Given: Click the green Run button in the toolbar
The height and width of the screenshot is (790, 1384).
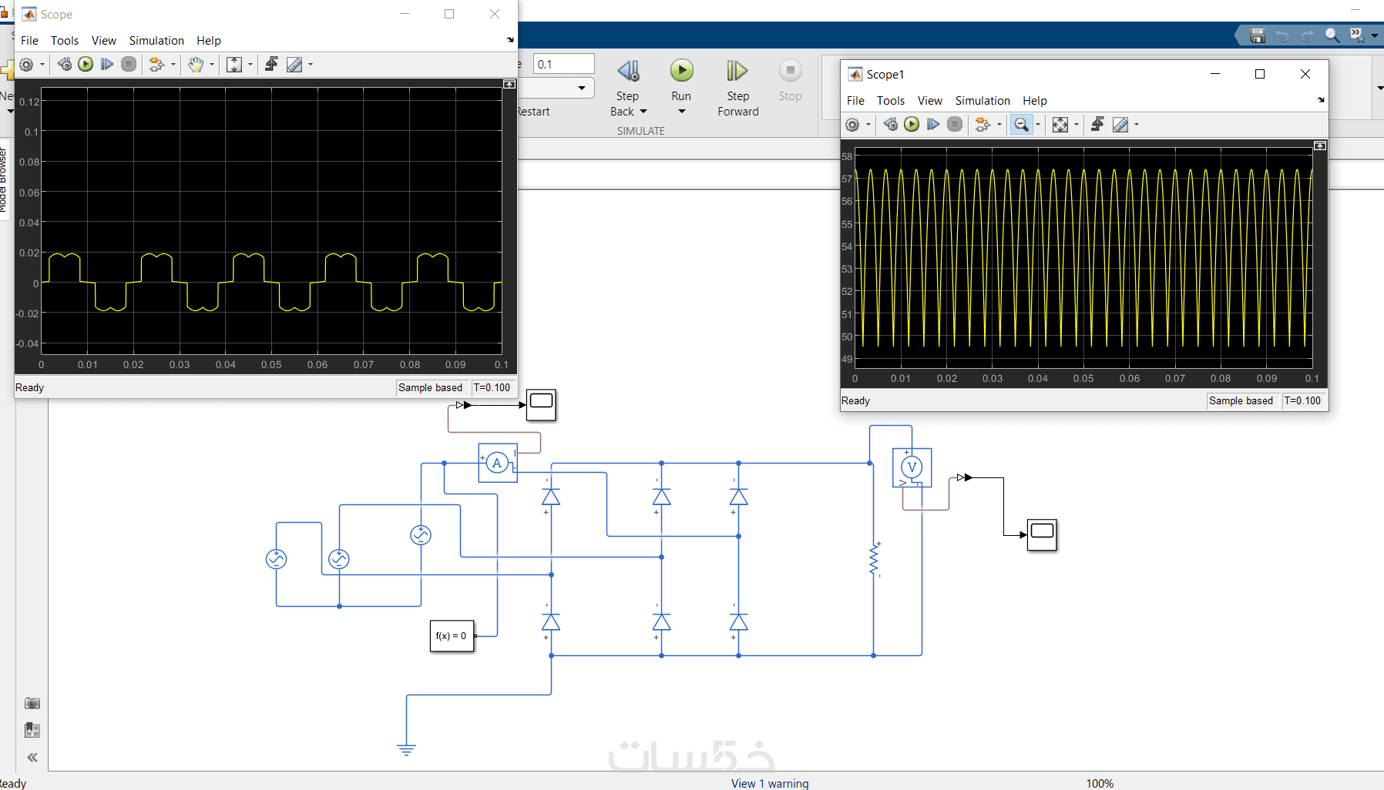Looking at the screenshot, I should (681, 72).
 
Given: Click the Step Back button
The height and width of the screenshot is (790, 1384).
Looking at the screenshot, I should (628, 72).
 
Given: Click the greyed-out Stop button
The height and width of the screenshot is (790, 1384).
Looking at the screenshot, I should (790, 72).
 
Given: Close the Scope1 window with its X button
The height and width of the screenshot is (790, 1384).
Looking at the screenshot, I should (1305, 74).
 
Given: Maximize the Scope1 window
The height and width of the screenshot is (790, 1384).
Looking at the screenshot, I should (1260, 74).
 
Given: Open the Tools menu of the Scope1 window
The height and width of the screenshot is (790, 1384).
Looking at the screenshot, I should (890, 101).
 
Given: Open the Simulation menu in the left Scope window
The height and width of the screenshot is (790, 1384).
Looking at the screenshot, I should (156, 41).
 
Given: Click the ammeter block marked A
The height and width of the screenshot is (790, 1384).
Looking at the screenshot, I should (497, 463).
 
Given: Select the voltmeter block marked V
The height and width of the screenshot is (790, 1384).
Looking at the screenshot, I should (912, 467).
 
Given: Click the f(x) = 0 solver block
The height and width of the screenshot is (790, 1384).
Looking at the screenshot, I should (452, 636).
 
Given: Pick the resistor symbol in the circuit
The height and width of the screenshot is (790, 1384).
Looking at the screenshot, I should (874, 560).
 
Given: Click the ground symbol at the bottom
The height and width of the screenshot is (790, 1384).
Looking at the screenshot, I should (406, 748).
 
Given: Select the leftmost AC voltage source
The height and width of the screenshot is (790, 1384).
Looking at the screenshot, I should (276, 559).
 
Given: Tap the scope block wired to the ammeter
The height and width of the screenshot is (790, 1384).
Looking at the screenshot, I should (541, 404).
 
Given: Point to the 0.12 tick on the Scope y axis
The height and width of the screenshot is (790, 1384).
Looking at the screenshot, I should (29, 102).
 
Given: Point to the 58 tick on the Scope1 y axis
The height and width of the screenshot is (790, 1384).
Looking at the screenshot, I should (847, 156).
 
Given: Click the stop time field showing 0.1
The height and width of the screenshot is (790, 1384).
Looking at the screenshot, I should (564, 64).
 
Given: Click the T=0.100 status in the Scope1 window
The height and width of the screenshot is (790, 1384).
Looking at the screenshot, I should (1302, 400).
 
